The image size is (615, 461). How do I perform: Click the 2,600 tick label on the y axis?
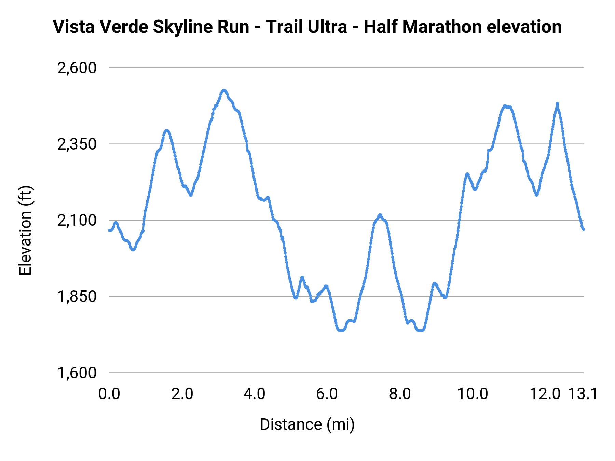click(77, 68)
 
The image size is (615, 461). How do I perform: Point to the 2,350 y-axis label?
click(77, 144)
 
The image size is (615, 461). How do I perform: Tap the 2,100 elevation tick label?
click(77, 221)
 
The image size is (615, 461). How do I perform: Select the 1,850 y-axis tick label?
click(77, 297)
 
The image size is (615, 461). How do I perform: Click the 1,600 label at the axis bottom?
click(77, 373)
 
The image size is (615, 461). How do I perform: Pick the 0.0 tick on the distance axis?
click(109, 394)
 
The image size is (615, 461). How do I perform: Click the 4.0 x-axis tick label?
click(254, 394)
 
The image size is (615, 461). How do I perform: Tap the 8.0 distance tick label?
click(400, 394)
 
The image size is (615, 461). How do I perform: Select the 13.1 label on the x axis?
click(583, 394)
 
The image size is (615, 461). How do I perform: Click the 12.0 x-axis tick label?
click(545, 394)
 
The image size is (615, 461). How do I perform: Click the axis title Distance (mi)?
click(307, 424)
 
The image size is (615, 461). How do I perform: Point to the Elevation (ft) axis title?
click(25, 230)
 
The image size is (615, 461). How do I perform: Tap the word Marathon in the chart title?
click(442, 27)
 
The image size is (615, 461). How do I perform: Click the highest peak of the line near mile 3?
click(224, 90)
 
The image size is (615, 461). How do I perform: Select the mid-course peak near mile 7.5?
click(380, 215)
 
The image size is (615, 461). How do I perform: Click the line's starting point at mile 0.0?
click(109, 230)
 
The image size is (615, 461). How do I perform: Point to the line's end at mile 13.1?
click(584, 229)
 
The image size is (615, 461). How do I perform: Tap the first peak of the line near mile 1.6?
click(167, 130)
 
